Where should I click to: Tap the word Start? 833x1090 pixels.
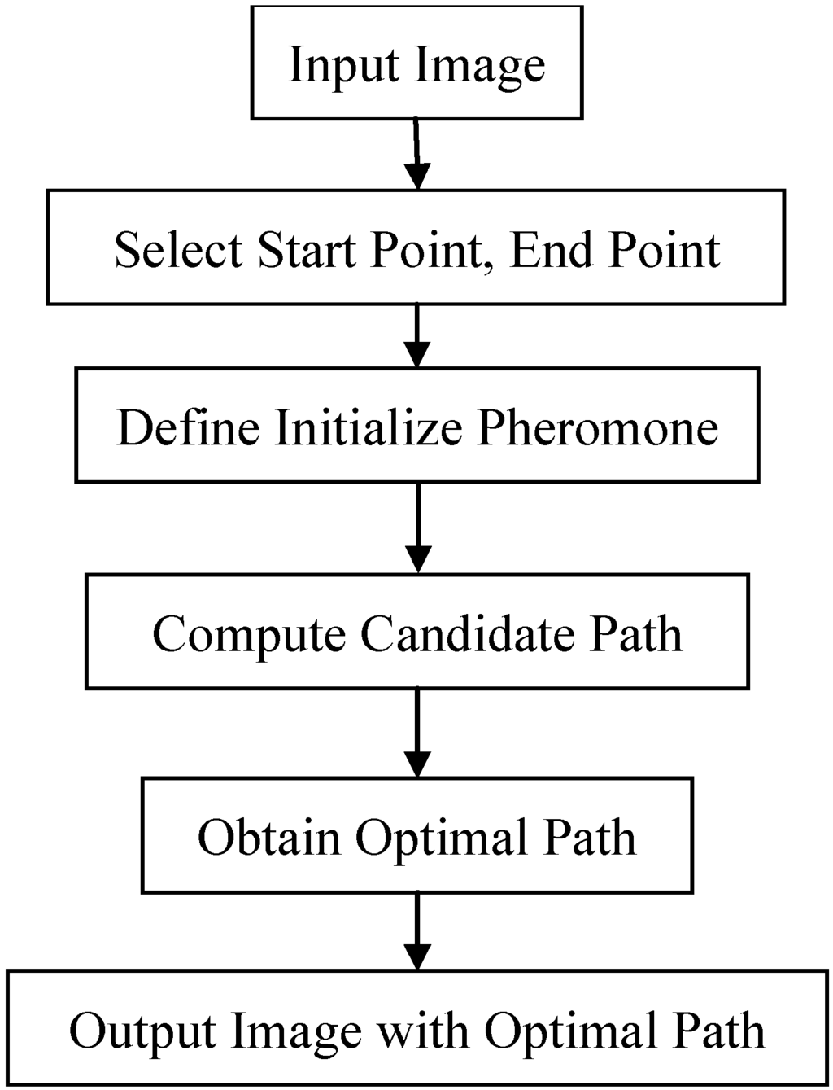pyautogui.click(x=307, y=249)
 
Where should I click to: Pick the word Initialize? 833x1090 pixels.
pyautogui.click(x=369, y=427)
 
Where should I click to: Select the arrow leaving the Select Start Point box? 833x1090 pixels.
pyautogui.click(x=416, y=335)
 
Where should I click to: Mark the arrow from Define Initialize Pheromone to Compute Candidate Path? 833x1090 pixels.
pyautogui.click(x=416, y=527)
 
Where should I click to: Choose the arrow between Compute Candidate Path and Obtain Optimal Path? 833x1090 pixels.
pyautogui.click(x=416, y=732)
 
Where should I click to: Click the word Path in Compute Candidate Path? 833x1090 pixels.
pyautogui.click(x=636, y=633)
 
